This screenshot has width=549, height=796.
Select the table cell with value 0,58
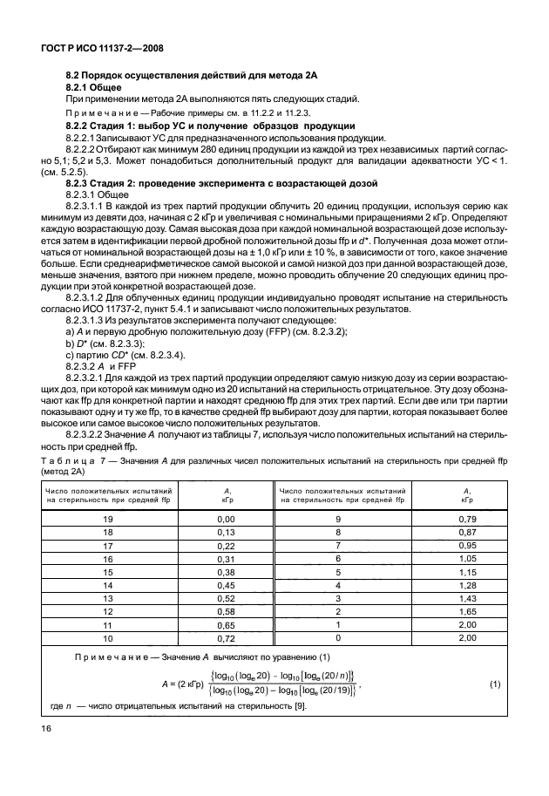[x=203, y=612]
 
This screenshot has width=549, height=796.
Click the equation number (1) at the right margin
[x=495, y=684]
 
